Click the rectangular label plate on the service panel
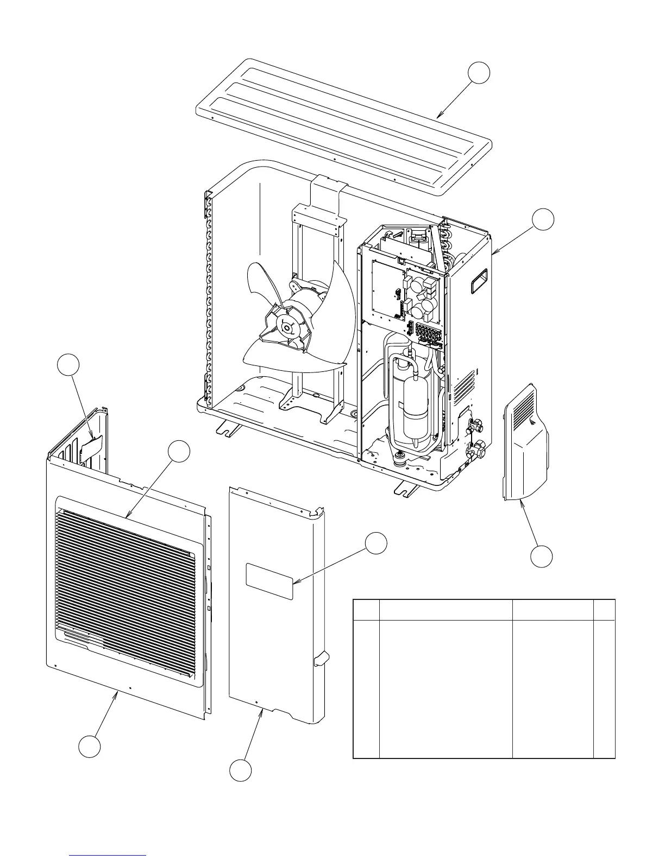point(269,581)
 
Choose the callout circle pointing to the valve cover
point(542,556)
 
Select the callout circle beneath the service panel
point(240,772)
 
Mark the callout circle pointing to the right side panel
point(543,219)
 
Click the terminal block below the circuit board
point(428,332)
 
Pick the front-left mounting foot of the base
point(228,428)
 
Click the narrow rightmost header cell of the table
point(604,609)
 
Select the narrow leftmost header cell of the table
point(366,609)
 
